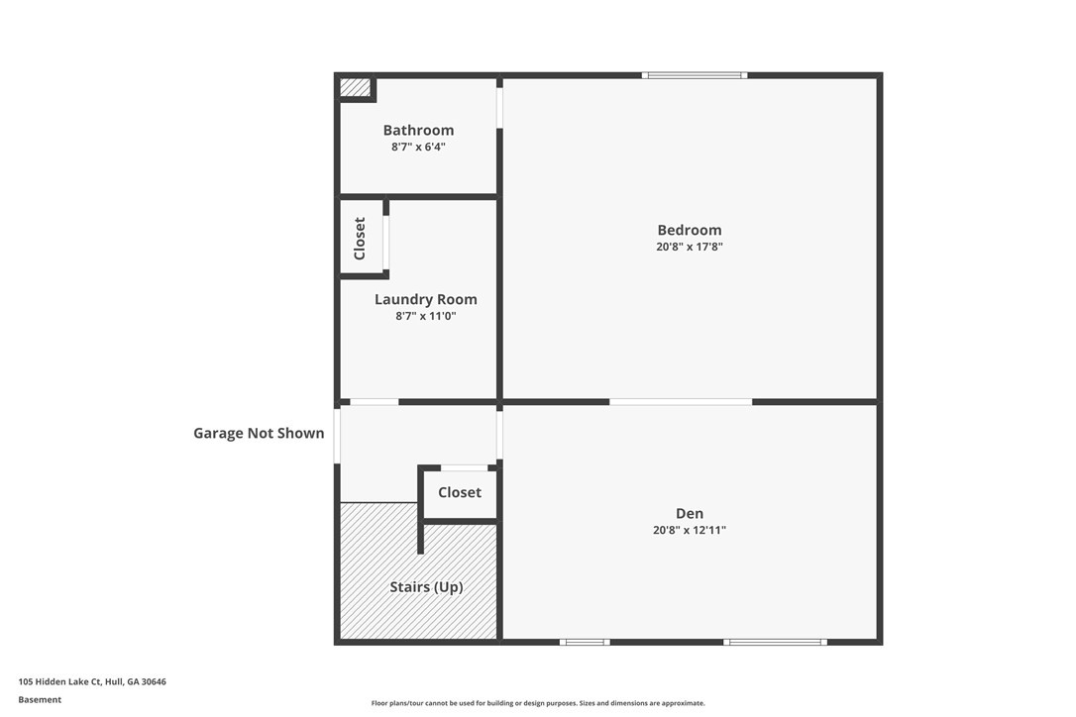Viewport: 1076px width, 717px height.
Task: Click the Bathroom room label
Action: pos(418,131)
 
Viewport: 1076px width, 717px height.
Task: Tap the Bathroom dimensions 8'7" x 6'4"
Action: pos(418,147)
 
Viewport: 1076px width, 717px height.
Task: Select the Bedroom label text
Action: pos(690,230)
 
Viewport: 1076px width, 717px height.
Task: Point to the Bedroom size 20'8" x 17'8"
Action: pos(690,247)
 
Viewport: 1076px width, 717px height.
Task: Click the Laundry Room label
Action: pos(425,300)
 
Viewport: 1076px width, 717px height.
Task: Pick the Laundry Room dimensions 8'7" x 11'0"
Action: pos(425,316)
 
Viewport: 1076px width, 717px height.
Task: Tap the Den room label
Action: pos(690,513)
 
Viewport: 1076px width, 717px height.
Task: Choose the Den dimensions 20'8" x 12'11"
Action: pos(690,531)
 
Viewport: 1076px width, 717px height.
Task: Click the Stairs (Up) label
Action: pos(426,587)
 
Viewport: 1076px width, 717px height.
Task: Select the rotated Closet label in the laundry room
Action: pos(360,239)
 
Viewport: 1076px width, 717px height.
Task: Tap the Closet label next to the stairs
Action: pos(460,492)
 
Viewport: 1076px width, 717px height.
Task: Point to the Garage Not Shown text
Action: pos(259,433)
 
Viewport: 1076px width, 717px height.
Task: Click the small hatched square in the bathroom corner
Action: pos(356,87)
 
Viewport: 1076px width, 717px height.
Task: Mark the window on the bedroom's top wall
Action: pos(695,75)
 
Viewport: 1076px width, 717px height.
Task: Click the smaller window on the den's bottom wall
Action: pos(585,642)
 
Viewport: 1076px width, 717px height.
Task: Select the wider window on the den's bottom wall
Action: pos(776,642)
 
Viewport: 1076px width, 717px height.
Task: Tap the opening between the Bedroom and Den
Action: pos(681,402)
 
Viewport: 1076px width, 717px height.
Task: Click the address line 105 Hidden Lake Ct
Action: pos(92,682)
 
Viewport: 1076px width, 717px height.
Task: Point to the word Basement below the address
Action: pos(40,700)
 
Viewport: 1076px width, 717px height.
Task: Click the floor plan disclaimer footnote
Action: pos(538,703)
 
